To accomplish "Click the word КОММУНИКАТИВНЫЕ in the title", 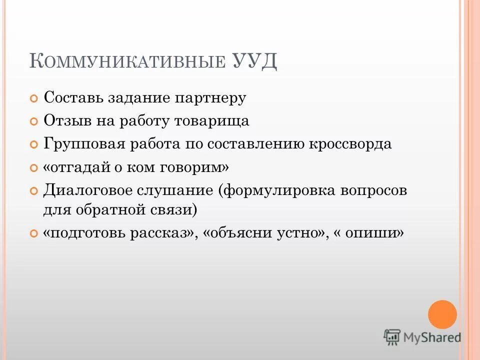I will [x=127, y=61].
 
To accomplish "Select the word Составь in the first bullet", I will [x=71, y=97].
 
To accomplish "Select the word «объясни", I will [x=237, y=233].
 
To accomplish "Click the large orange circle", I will [x=442, y=314].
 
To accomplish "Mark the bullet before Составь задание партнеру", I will [x=34, y=98].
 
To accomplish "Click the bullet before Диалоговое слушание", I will [x=34, y=191].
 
